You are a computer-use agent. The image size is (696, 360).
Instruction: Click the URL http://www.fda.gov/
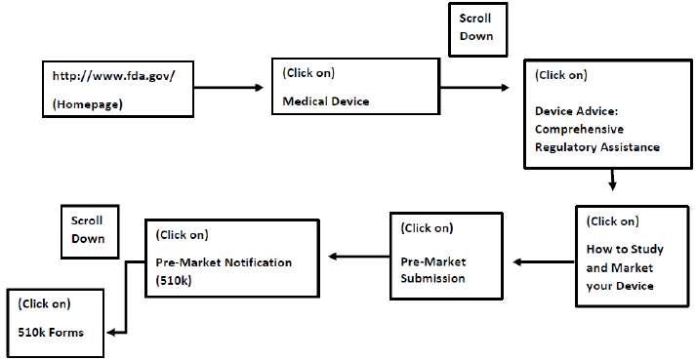114,76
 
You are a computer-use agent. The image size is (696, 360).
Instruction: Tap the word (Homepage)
88,104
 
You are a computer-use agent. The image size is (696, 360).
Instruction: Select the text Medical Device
326,101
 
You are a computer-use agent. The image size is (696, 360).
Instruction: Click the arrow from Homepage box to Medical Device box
228,88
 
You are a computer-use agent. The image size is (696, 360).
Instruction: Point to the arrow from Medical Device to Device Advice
474,88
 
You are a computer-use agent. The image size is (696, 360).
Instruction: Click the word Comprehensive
579,129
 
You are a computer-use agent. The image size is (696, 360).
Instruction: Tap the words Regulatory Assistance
597,147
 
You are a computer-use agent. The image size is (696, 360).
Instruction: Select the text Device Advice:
577,111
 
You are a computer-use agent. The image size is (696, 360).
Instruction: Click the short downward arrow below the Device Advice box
612,180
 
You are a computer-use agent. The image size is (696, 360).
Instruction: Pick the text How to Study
625,249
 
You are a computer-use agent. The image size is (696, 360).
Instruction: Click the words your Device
620,286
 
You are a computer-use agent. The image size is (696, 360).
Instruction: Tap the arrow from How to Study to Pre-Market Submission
544,261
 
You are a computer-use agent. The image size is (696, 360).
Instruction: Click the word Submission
432,278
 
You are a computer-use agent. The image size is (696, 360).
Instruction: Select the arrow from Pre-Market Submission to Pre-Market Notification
359,257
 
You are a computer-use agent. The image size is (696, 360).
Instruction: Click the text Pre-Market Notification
224,262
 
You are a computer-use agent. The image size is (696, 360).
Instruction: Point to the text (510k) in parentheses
174,281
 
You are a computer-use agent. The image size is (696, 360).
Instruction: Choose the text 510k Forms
51,332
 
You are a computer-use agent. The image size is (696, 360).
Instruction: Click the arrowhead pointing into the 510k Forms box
111,332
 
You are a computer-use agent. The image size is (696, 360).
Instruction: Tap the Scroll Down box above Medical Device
477,29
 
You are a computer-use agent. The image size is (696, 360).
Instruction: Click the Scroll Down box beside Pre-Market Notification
90,232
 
